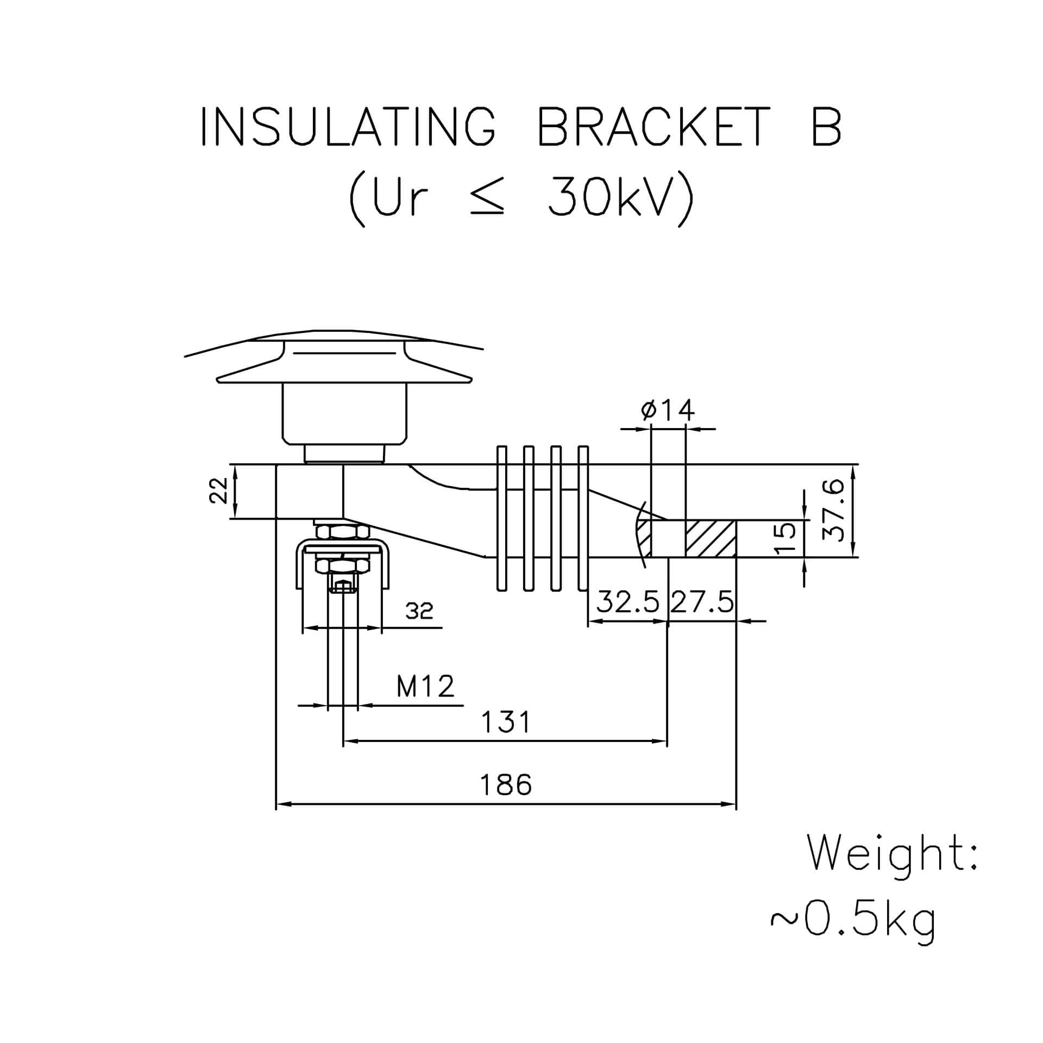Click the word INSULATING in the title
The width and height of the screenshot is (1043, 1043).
[x=348, y=126]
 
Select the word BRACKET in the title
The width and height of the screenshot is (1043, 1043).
[x=654, y=126]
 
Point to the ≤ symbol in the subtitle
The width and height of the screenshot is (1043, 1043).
[x=487, y=197]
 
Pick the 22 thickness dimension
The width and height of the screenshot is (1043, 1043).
[x=219, y=491]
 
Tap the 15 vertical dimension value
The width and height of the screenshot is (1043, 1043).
[x=784, y=538]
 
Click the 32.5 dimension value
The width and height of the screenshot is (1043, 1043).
[x=629, y=602]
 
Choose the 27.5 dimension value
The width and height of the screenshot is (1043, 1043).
[x=701, y=602]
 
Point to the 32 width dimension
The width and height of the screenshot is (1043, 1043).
[x=419, y=611]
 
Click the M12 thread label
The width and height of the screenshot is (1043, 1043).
[x=425, y=686]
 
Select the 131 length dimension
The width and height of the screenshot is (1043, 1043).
[x=506, y=722]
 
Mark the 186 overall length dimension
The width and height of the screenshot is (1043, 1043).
[x=506, y=784]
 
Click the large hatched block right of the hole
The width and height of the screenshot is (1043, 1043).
[x=711, y=538]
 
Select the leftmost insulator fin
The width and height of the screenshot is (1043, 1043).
[x=502, y=518]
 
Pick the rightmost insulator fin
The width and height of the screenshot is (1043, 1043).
[x=583, y=518]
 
